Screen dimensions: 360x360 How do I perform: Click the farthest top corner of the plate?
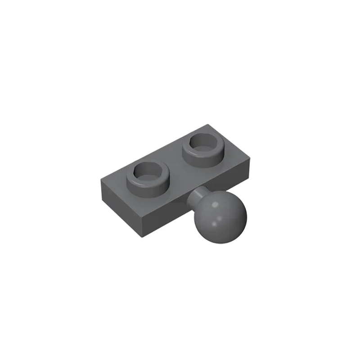(x=208, y=124)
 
